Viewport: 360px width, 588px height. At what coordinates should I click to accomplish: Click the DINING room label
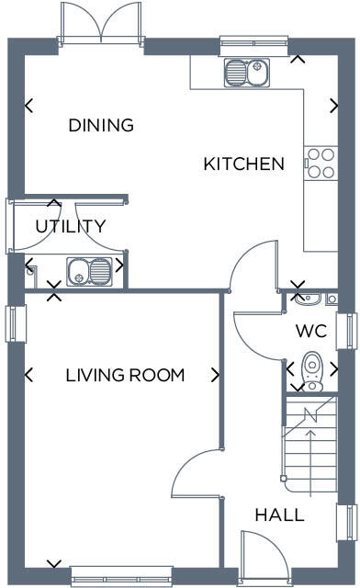[101, 125]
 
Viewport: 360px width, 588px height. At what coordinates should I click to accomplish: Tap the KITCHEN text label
[243, 164]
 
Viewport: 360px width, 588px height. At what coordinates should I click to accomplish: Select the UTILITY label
[71, 226]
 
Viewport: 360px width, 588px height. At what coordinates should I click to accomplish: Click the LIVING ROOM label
[125, 375]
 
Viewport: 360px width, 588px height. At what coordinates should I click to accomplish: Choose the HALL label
[279, 515]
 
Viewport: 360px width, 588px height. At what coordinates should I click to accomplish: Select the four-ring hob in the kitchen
[321, 163]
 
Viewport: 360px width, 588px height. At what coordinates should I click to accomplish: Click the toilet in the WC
[312, 368]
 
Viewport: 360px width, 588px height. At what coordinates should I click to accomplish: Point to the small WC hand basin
[309, 298]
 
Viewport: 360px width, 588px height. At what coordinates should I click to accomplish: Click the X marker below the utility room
[54, 293]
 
